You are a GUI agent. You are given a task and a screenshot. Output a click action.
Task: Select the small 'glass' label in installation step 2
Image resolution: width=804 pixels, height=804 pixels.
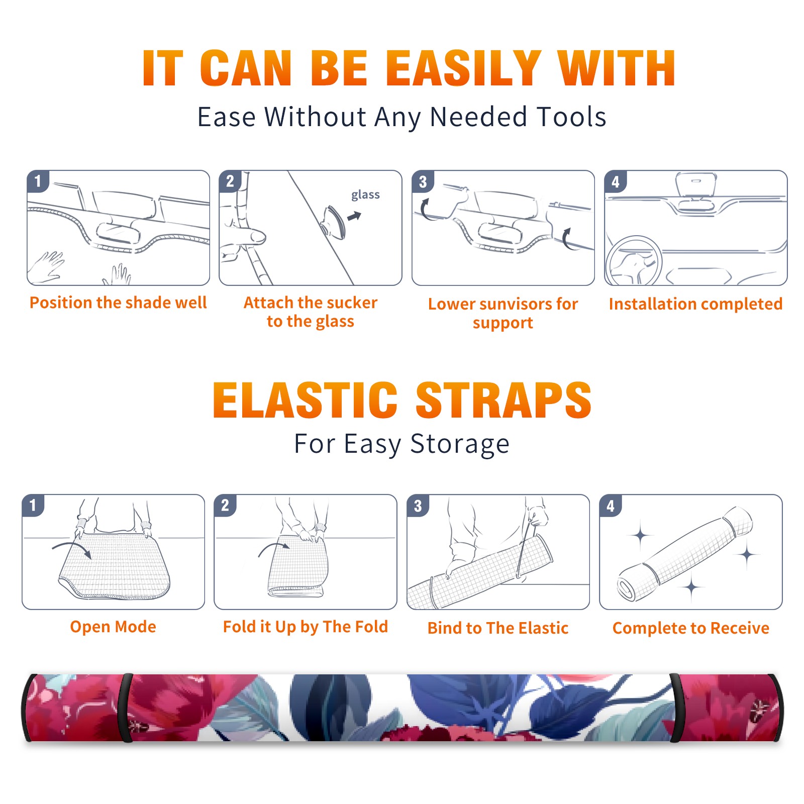[x=365, y=195]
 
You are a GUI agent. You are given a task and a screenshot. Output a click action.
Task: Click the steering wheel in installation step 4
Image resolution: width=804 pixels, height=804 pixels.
[x=633, y=261]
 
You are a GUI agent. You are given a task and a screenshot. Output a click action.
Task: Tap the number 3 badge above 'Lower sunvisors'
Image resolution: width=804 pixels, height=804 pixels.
[x=423, y=181]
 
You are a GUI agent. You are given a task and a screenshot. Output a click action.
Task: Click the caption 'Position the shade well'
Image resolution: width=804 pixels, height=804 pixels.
[x=118, y=303]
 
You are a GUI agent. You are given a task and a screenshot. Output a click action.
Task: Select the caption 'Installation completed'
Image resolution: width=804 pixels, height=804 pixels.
[x=695, y=304]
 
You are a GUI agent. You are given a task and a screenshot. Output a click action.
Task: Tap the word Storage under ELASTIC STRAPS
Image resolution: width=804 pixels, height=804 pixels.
[x=460, y=444]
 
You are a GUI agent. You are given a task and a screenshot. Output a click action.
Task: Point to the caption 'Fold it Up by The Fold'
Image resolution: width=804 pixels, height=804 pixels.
[x=305, y=627]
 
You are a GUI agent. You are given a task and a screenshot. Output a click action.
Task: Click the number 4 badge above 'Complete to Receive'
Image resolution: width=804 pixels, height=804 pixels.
[x=611, y=506]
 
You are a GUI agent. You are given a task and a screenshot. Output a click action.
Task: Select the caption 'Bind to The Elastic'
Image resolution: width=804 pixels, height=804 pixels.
[x=497, y=628]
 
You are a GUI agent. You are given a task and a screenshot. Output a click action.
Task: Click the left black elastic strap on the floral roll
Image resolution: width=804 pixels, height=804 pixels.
[x=127, y=708]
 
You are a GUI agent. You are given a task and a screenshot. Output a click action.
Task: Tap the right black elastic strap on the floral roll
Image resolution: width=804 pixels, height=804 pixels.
[x=675, y=708]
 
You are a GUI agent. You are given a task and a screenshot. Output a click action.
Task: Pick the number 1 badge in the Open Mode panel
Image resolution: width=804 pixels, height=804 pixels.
[x=33, y=506]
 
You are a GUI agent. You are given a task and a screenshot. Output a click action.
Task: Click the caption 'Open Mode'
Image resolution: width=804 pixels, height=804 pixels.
[x=113, y=627]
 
